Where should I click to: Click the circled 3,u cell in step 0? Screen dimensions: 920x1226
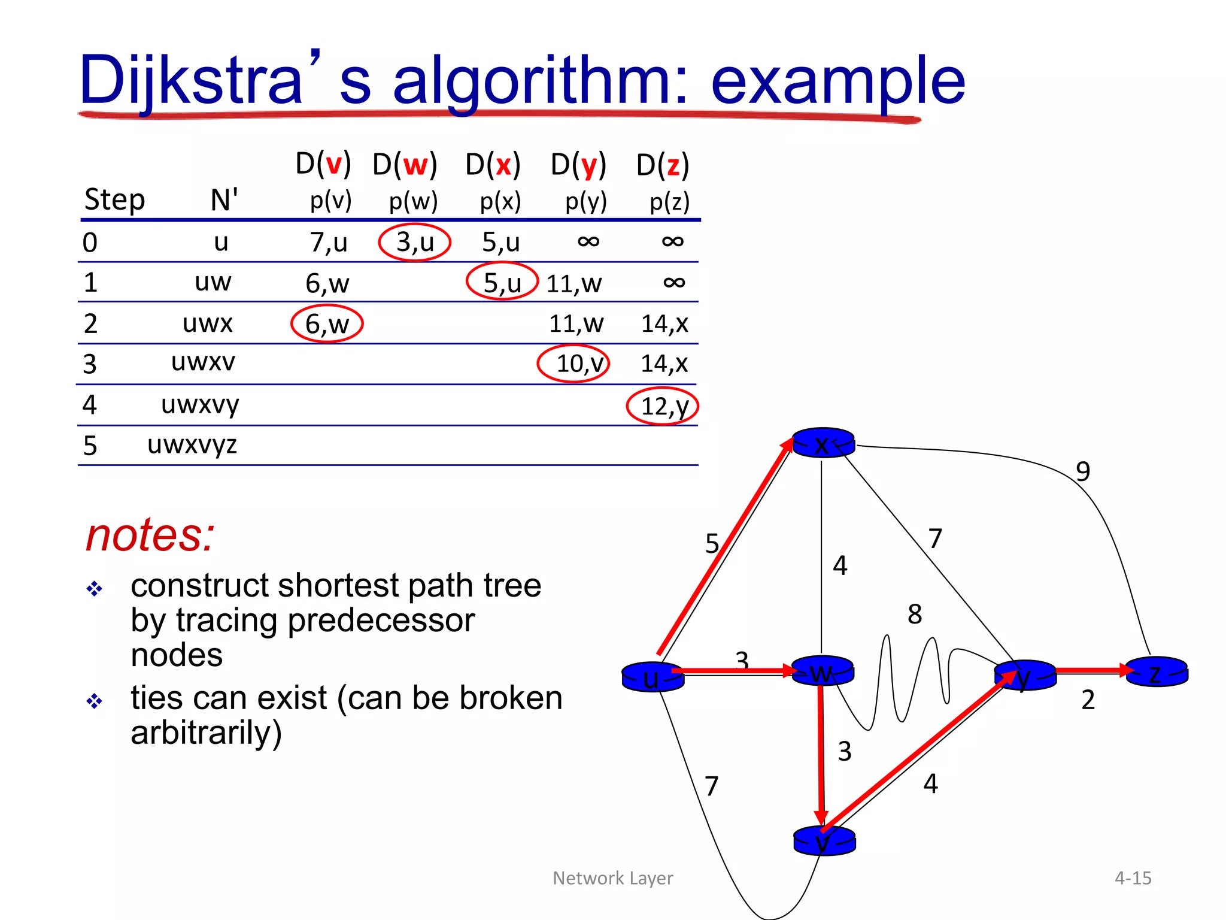pos(414,243)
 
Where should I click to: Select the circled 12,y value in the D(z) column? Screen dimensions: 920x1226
pos(663,406)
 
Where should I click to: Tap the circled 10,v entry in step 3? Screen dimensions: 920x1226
pos(573,364)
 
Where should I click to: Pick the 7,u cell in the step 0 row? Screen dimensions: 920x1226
pos(328,243)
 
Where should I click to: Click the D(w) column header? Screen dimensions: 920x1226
pos(405,165)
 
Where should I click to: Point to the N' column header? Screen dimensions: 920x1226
pos(224,199)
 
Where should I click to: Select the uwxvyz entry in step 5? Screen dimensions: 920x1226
pos(192,445)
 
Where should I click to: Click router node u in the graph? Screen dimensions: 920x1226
pos(652,677)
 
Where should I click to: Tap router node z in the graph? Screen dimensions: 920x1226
pos(1157,672)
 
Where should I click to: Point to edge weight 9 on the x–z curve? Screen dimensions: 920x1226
pos(1082,472)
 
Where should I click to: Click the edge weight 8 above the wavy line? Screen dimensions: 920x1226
pos(914,615)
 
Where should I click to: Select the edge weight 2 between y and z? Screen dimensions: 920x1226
pos(1088,700)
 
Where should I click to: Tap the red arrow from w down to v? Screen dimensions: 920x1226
pos(821,755)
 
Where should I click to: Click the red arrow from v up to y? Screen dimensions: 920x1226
pos(916,756)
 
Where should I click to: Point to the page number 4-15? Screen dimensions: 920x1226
pos(1133,878)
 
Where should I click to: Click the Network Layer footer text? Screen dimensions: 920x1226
pos(612,878)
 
